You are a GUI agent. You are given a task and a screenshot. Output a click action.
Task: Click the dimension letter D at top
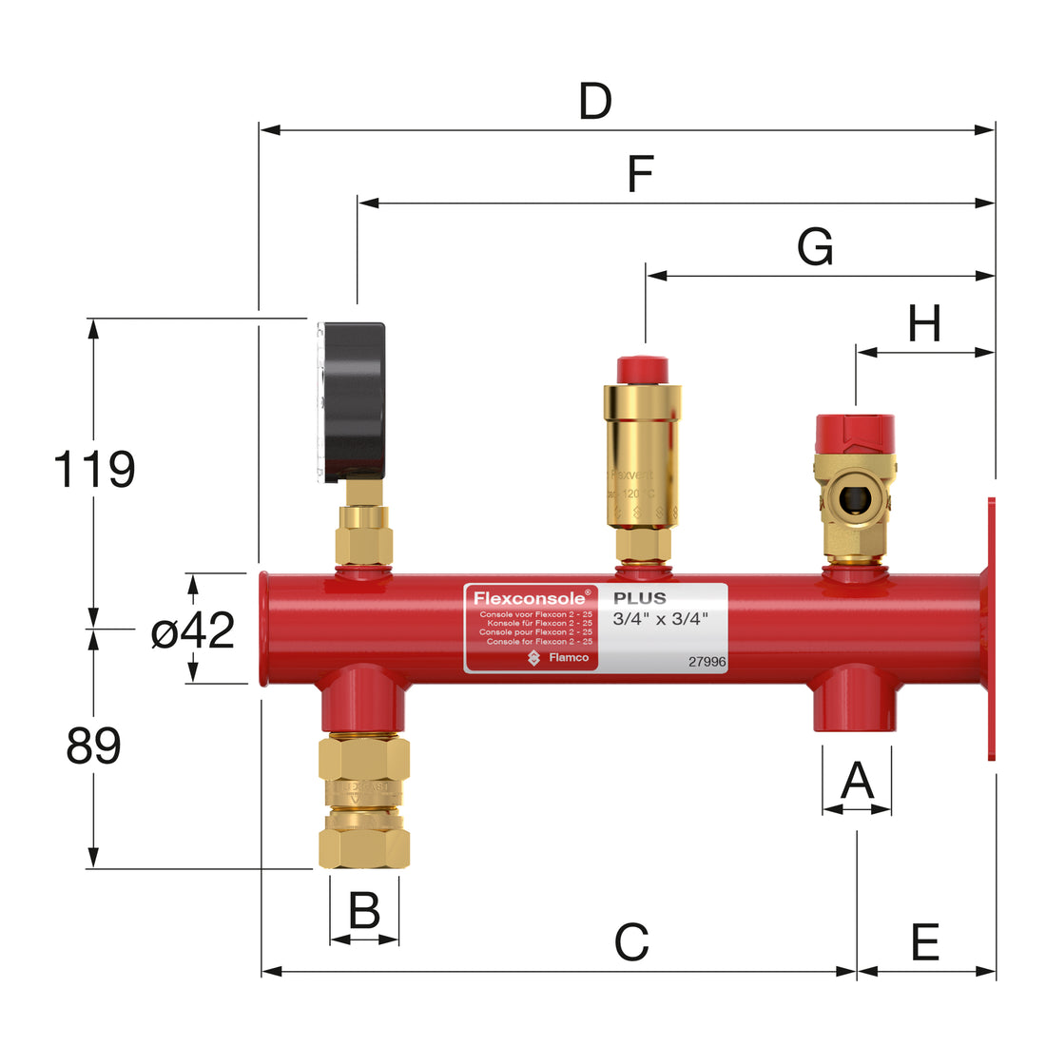[595, 102]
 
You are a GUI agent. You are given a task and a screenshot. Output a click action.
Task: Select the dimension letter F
[640, 175]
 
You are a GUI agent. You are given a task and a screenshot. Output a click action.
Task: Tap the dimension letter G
[815, 247]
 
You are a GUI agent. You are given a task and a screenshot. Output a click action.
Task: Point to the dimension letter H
[924, 324]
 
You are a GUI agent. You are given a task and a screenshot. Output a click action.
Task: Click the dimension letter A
[857, 782]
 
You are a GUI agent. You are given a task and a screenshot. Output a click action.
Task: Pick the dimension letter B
[364, 911]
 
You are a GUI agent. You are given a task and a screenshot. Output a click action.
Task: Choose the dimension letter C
[631, 942]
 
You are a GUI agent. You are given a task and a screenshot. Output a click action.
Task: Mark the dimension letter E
[925, 942]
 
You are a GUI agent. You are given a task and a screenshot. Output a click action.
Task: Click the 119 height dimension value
[93, 470]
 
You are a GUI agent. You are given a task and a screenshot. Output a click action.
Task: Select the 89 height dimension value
[93, 746]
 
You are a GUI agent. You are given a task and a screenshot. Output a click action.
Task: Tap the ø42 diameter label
[193, 630]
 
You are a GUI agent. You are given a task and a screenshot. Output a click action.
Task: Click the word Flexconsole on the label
[530, 598]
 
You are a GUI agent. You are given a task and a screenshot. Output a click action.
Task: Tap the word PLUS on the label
[639, 598]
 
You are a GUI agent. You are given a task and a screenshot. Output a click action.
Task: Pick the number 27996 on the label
[707, 662]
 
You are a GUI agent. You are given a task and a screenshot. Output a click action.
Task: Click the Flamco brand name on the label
[568, 657]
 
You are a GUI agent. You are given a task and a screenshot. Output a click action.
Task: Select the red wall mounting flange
[990, 628]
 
